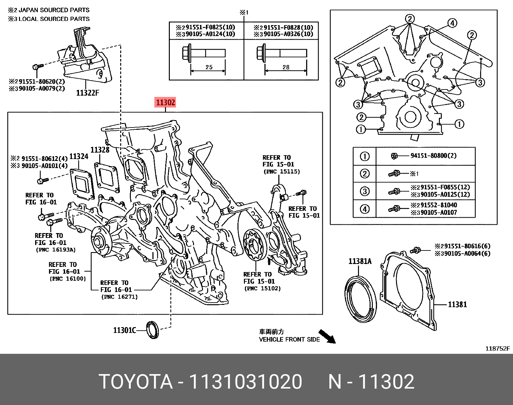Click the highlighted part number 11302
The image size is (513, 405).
click(166, 103)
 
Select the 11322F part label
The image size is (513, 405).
click(87, 93)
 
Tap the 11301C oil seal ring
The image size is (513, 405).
click(152, 330)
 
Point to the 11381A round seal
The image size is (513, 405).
click(360, 298)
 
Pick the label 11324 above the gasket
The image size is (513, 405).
click(79, 156)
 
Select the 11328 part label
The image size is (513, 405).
click(100, 150)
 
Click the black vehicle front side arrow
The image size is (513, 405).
click(327, 336)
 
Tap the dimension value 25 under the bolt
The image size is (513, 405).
click(209, 67)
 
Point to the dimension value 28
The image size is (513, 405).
click(286, 67)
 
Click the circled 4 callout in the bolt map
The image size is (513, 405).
click(452, 23)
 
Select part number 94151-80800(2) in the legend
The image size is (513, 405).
click(433, 156)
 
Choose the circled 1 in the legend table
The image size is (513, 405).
click(364, 156)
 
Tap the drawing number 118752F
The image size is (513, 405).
click(498, 349)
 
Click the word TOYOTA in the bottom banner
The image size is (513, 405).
click(136, 382)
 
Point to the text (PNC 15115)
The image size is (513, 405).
click(281, 172)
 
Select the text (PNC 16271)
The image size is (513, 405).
click(120, 297)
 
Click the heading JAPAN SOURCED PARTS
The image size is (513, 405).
click(53, 10)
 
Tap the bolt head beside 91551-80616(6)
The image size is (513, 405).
click(416, 250)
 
